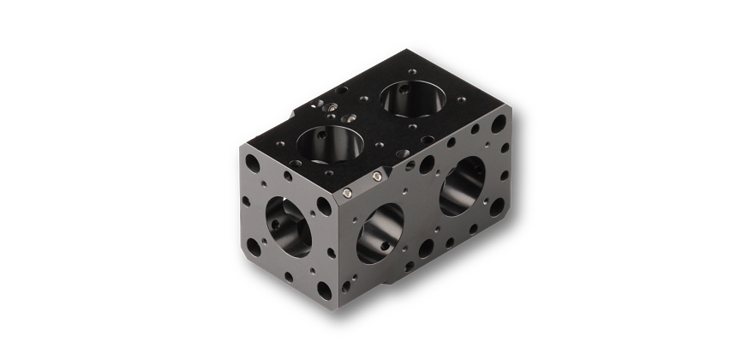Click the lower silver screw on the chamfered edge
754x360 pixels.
pos(345,194)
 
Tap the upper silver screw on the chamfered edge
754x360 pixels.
pos(378,177)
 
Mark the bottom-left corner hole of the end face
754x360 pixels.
pos(249,249)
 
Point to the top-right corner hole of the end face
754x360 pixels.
pos(324,205)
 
